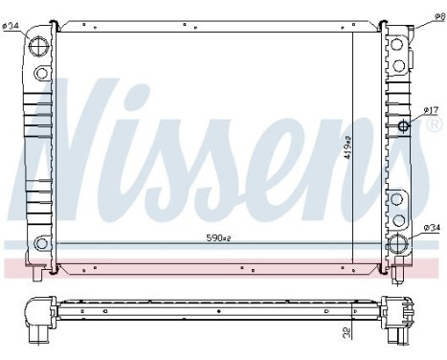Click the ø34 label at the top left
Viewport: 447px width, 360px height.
pos(13,26)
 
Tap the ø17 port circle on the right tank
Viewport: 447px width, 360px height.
pos(403,127)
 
